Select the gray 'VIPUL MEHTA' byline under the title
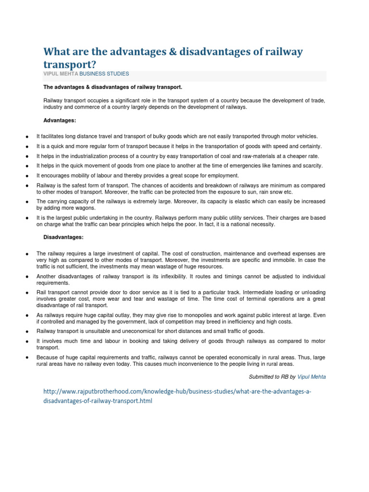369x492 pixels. coord(57,74)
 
